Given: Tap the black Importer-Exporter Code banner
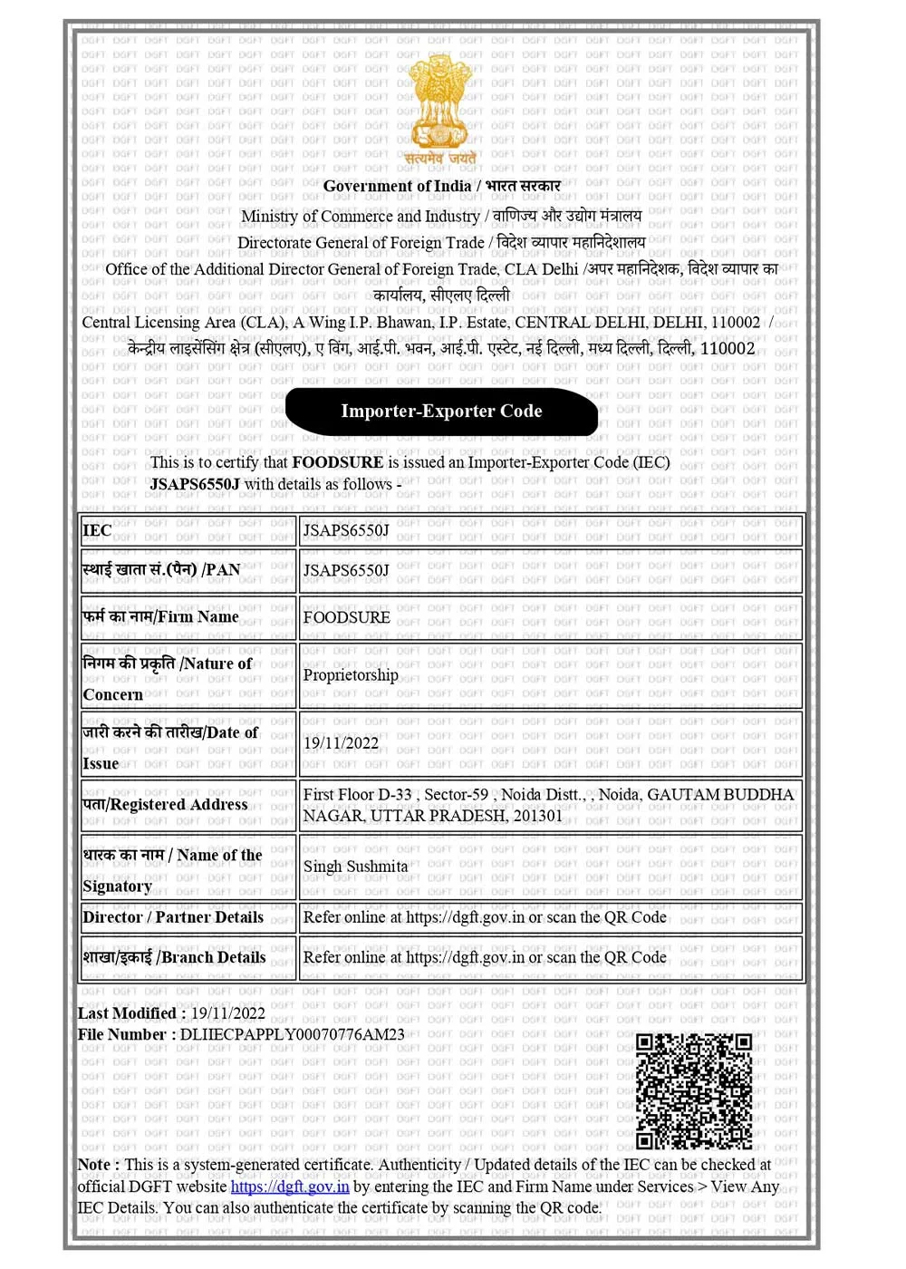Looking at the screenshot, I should pos(441,412).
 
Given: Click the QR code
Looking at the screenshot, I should pos(693,1090).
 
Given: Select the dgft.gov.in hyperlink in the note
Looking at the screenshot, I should pos(290,1187).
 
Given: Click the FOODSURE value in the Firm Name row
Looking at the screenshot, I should pos(346,617).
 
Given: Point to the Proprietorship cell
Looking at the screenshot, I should pos(351,675).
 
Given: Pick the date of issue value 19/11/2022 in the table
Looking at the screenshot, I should pos(341,743).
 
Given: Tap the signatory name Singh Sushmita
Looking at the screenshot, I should pos(355,867).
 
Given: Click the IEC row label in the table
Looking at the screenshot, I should pos(97,531).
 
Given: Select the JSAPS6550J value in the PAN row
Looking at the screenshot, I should pos(345,570).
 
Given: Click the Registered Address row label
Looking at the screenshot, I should pos(165,804).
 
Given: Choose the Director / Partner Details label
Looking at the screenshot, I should pos(173,917).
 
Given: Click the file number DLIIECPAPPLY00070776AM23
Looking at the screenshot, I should pos(292,1034).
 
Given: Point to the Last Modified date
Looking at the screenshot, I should pos(227,1013).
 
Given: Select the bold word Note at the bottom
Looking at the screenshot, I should pos(94,1165).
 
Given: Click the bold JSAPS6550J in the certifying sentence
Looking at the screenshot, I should pos(195,484).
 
